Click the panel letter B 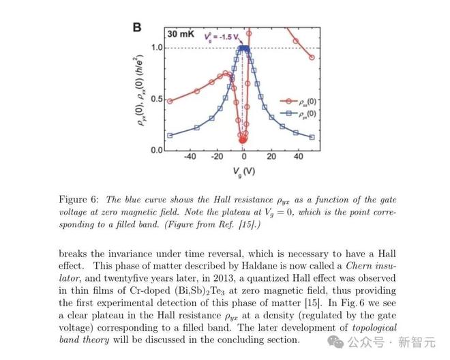pos(137,27)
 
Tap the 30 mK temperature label pos(181,34)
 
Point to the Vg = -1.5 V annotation pos(222,37)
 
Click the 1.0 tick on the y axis pos(157,47)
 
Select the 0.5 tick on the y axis pos(157,99)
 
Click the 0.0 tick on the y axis pos(157,150)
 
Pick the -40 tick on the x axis pos(190,156)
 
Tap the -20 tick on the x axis pos(217,156)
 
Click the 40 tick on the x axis pos(299,156)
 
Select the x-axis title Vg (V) pos(243,172)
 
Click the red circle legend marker pos(288,101)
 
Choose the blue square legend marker pos(288,113)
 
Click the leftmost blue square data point pos(170,135)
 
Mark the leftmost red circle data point pos(170,101)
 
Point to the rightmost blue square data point pos(312,137)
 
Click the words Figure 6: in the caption pos(78,200)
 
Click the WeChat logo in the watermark pos(336,342)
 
